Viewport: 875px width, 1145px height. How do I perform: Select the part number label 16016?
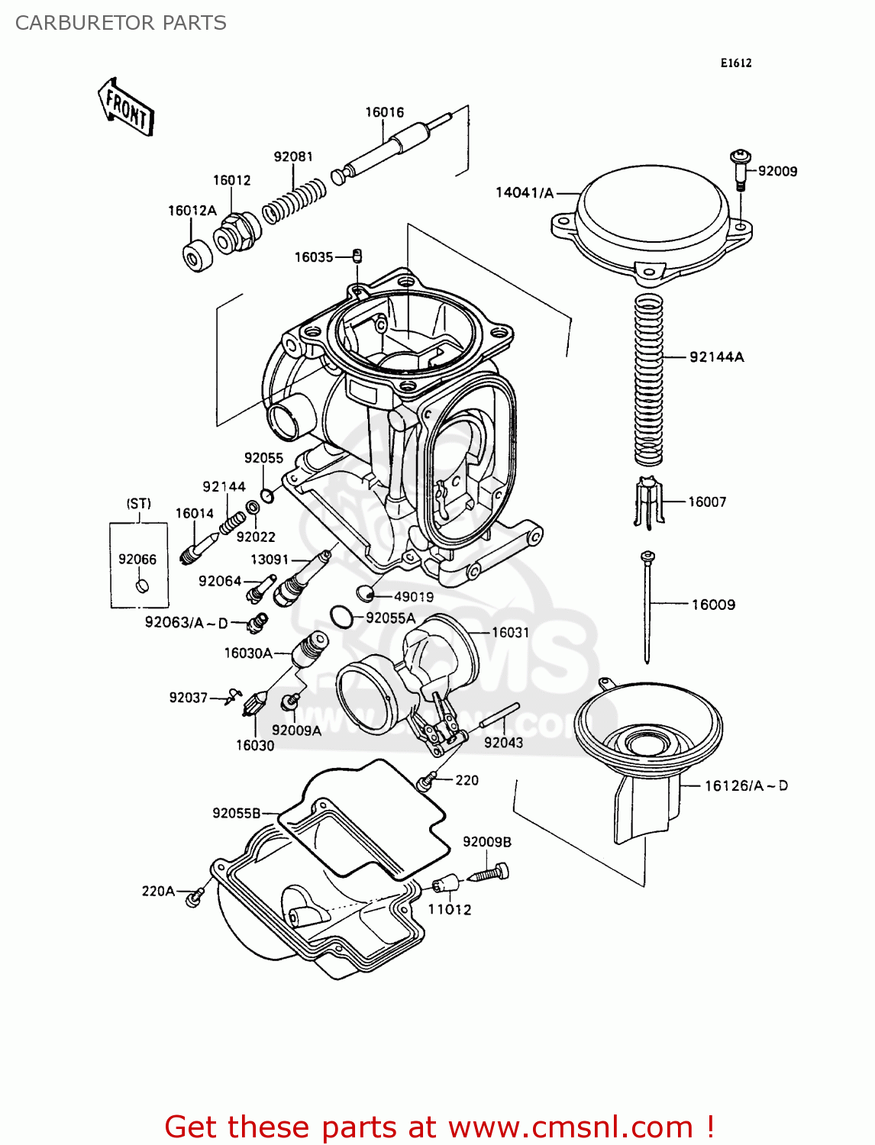384,112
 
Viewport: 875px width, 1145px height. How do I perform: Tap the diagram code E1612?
736,63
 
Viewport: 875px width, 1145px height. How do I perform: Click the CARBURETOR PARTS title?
121,23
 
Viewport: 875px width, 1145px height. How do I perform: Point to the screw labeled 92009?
740,169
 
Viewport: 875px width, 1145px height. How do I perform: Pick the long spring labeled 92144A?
648,379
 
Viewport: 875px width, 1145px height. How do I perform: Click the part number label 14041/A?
525,193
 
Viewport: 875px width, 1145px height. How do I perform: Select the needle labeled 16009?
647,607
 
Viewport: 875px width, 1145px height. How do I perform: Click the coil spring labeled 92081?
294,200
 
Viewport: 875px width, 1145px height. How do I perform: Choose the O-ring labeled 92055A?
341,616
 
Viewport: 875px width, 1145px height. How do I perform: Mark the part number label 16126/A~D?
745,785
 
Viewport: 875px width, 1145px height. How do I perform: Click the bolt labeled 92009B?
489,872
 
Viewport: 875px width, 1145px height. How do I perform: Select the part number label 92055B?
236,813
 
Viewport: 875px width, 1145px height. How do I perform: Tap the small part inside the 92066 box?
141,586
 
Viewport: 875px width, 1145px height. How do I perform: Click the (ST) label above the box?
138,504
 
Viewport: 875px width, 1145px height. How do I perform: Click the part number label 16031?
510,632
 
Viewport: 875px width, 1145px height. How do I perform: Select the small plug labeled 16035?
357,256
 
